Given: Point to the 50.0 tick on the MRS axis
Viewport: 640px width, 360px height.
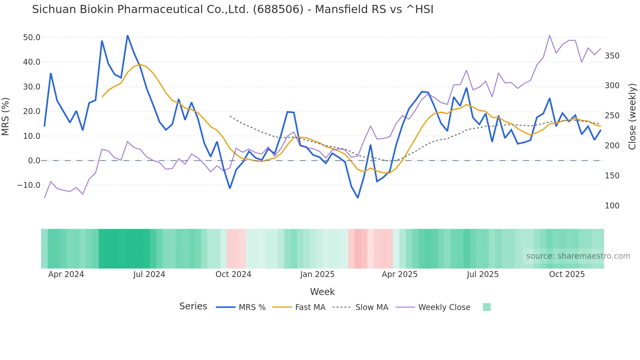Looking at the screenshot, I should click(x=32, y=38).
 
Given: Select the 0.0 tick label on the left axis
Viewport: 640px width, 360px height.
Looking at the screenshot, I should click(x=34, y=161).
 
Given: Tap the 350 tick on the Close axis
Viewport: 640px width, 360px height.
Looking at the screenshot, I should click(x=612, y=56).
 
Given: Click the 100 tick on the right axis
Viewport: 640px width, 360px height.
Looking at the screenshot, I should click(x=612, y=206).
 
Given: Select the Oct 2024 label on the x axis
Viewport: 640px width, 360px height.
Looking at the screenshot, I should click(x=233, y=274).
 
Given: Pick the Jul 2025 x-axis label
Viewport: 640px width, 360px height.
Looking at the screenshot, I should click(x=483, y=274).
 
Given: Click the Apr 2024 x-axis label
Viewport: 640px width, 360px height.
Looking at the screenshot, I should click(x=66, y=274).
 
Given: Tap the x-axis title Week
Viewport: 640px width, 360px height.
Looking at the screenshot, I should click(x=322, y=292).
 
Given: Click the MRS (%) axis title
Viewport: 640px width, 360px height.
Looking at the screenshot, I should click(x=6, y=116).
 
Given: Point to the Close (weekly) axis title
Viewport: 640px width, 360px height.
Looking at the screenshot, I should click(x=632, y=116).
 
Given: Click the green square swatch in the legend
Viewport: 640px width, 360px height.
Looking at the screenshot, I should click(x=487, y=307).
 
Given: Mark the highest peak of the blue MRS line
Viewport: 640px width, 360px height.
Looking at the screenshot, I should click(x=127, y=35).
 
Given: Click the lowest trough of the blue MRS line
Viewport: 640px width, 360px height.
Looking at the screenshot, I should click(x=358, y=198).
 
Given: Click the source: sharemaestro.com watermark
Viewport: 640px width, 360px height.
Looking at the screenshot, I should click(x=578, y=256).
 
